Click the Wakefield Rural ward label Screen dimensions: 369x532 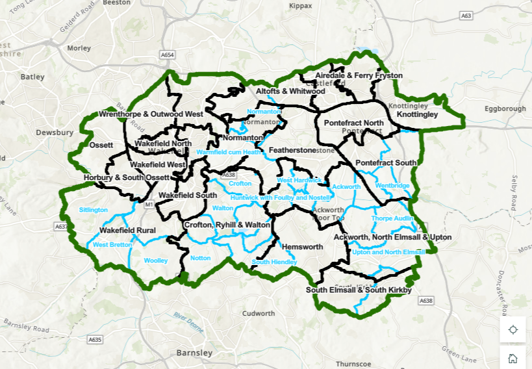click(127, 230)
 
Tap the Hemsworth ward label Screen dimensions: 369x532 click(302, 247)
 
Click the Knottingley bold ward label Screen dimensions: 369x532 click(417, 114)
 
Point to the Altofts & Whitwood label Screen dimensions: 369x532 click(290, 92)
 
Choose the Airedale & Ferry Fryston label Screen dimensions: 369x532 click(359, 76)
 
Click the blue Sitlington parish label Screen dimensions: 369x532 click(94, 210)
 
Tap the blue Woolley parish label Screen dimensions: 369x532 click(156, 261)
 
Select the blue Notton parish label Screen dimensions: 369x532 click(201, 258)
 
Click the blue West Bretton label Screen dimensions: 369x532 click(111, 245)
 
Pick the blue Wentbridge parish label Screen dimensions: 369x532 click(392, 185)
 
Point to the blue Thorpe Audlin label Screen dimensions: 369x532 click(392, 218)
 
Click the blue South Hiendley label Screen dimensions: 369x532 click(274, 262)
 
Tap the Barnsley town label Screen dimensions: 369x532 click(194, 353)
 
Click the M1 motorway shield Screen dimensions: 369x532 click(148, 205)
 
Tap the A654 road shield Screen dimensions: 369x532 click(168, 56)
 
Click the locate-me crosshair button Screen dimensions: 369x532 click(513, 329)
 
